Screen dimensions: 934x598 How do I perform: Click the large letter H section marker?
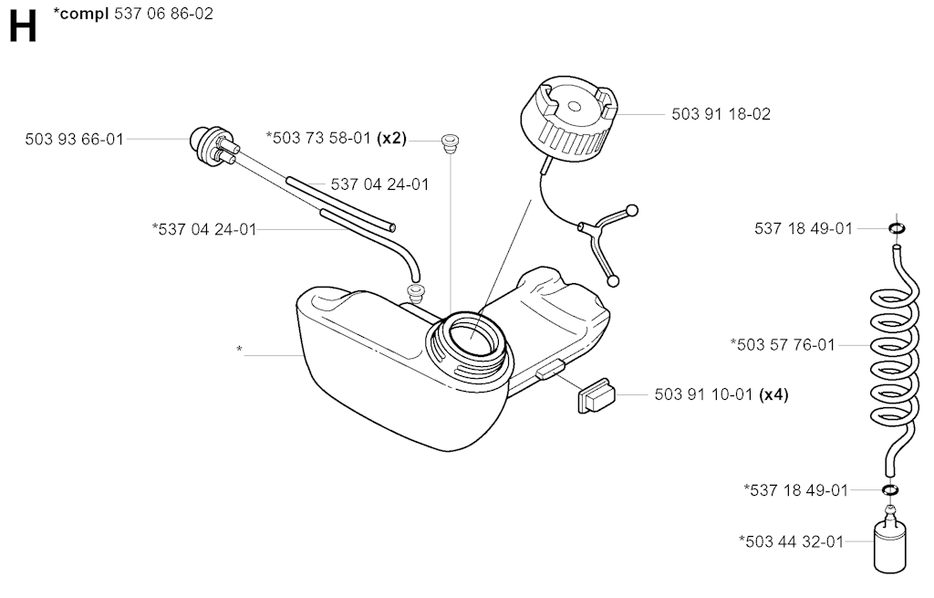coord(23,27)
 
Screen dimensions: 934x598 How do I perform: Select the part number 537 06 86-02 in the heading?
coord(163,13)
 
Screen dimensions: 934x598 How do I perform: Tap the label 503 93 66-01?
coord(75,140)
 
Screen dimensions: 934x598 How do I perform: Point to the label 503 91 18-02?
coord(721,114)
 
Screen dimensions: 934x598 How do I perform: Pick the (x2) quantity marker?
coord(392,139)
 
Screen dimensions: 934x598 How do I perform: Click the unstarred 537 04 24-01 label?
coord(380,184)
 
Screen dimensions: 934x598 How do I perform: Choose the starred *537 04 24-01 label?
coord(204,229)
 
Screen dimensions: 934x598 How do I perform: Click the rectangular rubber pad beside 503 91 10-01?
coord(596,395)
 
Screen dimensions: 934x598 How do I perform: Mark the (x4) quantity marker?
coord(773,394)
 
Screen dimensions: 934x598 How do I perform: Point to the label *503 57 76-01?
coord(783,344)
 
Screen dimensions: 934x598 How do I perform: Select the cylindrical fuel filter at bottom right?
coord(890,539)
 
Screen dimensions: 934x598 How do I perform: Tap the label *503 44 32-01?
coord(791,541)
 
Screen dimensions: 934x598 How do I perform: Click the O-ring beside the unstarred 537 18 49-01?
coord(896,228)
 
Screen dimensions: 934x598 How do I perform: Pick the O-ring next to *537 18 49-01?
coord(890,490)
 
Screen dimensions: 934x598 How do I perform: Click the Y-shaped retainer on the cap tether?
coord(598,238)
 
